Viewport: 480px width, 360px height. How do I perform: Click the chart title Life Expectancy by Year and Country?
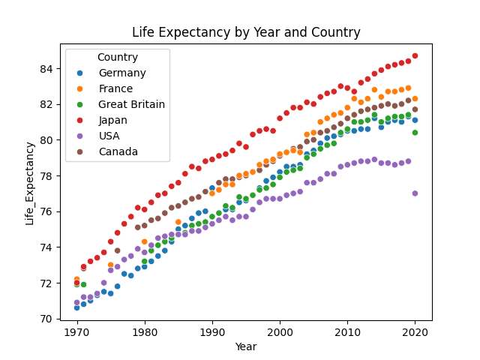click(246, 32)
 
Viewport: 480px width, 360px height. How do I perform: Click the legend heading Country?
click(117, 57)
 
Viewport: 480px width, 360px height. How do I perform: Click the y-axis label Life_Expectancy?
click(30, 183)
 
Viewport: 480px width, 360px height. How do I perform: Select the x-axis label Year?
click(246, 347)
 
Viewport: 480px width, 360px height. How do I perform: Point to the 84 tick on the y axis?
click(47, 69)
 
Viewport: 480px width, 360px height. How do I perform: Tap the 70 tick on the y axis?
click(47, 319)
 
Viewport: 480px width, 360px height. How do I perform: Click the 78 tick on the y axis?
click(47, 176)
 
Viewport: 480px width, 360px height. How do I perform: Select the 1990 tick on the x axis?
click(212, 331)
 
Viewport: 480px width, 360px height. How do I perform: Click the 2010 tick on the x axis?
click(347, 331)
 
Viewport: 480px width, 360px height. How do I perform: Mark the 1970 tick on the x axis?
click(76, 331)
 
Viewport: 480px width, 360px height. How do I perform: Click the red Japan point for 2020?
click(415, 56)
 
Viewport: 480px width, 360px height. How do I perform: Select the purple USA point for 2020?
click(415, 193)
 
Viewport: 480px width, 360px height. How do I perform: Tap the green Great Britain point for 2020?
click(415, 133)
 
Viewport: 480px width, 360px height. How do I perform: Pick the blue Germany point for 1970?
click(76, 307)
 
